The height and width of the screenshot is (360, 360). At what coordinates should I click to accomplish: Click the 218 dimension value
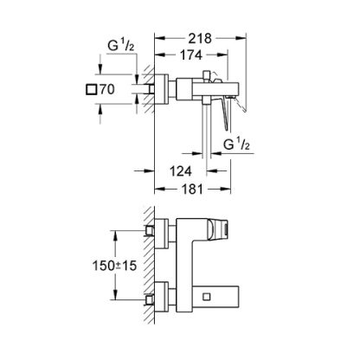pos(200,38)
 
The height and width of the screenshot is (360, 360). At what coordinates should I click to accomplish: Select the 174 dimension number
pos(191,55)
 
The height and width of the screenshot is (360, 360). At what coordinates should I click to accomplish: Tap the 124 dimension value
pos(181,171)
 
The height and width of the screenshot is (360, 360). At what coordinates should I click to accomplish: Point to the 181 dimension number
pos(192,190)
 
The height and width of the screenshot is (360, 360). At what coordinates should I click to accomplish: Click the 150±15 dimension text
pos(114,266)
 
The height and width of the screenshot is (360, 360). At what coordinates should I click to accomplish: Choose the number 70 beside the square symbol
pos(107,89)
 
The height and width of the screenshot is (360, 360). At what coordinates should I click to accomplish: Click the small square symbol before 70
pos(92,89)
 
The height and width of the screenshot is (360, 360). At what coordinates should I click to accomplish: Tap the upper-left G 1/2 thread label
pos(121,46)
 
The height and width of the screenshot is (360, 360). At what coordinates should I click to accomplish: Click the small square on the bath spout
pos(207,297)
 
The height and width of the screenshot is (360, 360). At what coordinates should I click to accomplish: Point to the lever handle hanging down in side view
pos(225,113)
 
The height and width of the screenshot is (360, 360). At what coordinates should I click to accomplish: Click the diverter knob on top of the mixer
pos(206,74)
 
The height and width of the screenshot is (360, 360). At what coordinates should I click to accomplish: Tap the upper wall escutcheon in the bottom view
pos(162,234)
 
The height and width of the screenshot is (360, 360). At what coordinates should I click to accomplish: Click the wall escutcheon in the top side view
pos(162,89)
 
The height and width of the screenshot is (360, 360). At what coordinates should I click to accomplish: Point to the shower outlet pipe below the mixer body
pos(207,131)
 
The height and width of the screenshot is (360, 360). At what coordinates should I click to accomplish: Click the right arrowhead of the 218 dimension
pos(241,38)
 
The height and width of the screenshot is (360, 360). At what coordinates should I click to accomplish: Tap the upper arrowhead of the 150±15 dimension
pos(115,236)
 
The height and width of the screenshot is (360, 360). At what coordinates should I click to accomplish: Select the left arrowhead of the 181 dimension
pos(160,189)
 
